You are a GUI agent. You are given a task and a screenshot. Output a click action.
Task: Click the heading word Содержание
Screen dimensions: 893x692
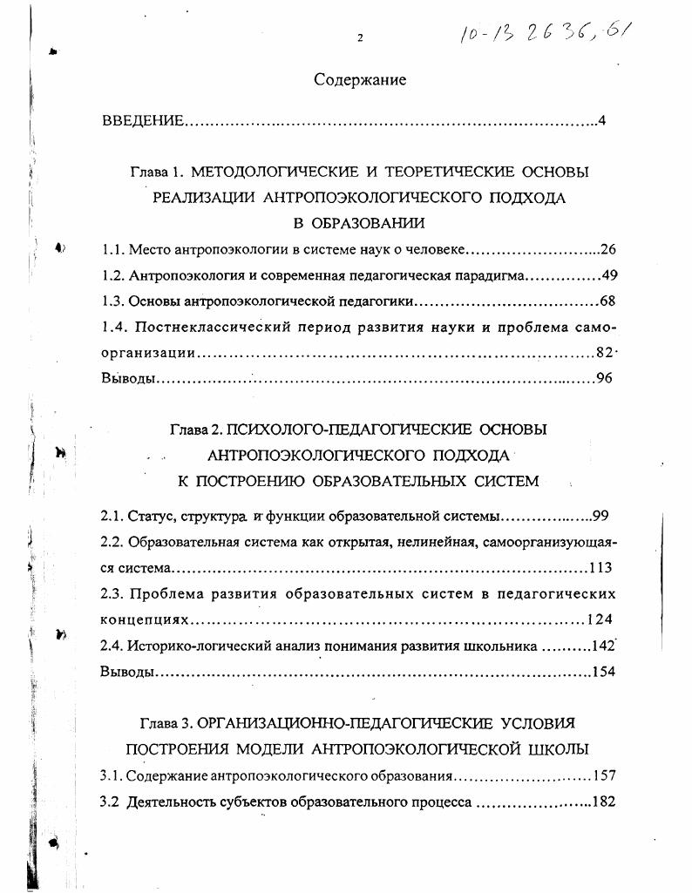(361, 80)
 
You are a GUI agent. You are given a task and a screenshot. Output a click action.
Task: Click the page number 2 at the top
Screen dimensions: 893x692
(359, 37)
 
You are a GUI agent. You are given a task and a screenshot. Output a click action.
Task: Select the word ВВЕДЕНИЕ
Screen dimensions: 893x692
(143, 120)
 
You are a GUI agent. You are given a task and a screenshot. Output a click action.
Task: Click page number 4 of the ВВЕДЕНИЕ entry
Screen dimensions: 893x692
(601, 120)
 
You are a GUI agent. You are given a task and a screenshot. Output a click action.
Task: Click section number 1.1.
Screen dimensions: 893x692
(113, 250)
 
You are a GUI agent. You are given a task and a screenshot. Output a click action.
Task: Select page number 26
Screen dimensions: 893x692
(608, 250)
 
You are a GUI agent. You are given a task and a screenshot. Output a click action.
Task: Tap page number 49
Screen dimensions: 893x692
(609, 276)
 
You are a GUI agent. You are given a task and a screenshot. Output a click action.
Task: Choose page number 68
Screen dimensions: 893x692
(608, 302)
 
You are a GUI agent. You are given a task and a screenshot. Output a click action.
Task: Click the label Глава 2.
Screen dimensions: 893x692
(196, 430)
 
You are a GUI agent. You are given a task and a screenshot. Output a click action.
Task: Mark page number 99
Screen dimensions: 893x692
(600, 516)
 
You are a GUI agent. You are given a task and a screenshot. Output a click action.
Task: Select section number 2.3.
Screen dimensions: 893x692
(113, 594)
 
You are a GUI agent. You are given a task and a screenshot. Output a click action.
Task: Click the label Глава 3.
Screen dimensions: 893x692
(166, 724)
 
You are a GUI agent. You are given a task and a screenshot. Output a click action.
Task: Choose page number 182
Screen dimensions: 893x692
(604, 801)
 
